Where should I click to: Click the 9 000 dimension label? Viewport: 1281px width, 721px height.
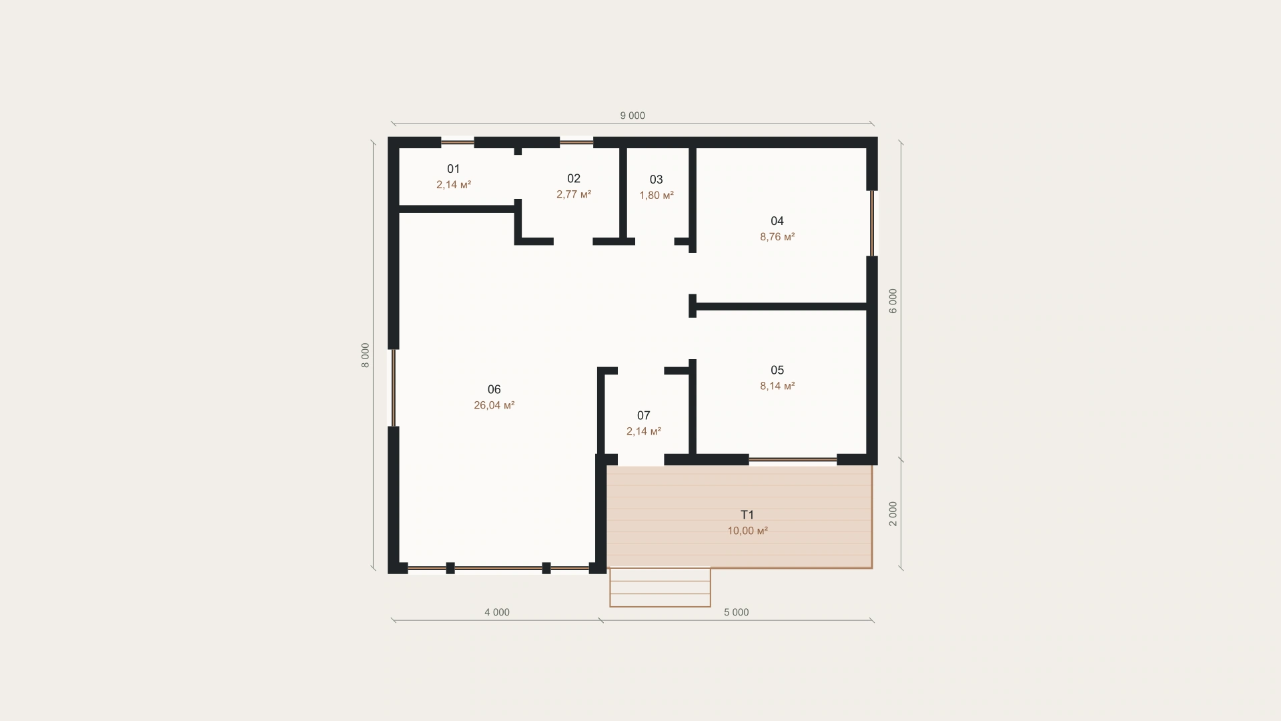[632, 115]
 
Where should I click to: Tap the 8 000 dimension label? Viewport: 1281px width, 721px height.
[365, 355]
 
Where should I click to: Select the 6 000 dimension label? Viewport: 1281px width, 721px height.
[893, 301]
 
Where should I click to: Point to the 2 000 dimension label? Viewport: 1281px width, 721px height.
[893, 513]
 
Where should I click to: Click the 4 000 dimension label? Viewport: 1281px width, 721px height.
[497, 612]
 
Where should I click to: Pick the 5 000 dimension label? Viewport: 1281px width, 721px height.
[736, 612]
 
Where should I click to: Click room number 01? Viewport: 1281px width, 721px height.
[454, 169]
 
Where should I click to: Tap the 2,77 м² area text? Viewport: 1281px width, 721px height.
[574, 194]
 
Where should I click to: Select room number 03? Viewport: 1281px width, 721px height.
[657, 180]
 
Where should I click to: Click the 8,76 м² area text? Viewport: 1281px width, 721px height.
[777, 237]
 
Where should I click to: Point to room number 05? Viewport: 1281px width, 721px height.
[777, 370]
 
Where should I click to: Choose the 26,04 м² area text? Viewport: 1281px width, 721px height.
[494, 405]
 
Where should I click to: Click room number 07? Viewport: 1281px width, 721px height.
[643, 415]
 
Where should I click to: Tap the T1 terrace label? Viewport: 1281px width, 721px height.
[747, 515]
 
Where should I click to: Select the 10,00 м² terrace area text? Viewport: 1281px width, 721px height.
[747, 531]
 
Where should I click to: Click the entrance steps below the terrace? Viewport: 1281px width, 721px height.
[660, 587]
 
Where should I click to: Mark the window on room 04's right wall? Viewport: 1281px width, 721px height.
[871, 223]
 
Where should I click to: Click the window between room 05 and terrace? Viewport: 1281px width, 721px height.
[793, 459]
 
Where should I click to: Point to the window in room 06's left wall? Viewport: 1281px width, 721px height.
[394, 388]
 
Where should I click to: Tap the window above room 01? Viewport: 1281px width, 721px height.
[458, 142]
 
